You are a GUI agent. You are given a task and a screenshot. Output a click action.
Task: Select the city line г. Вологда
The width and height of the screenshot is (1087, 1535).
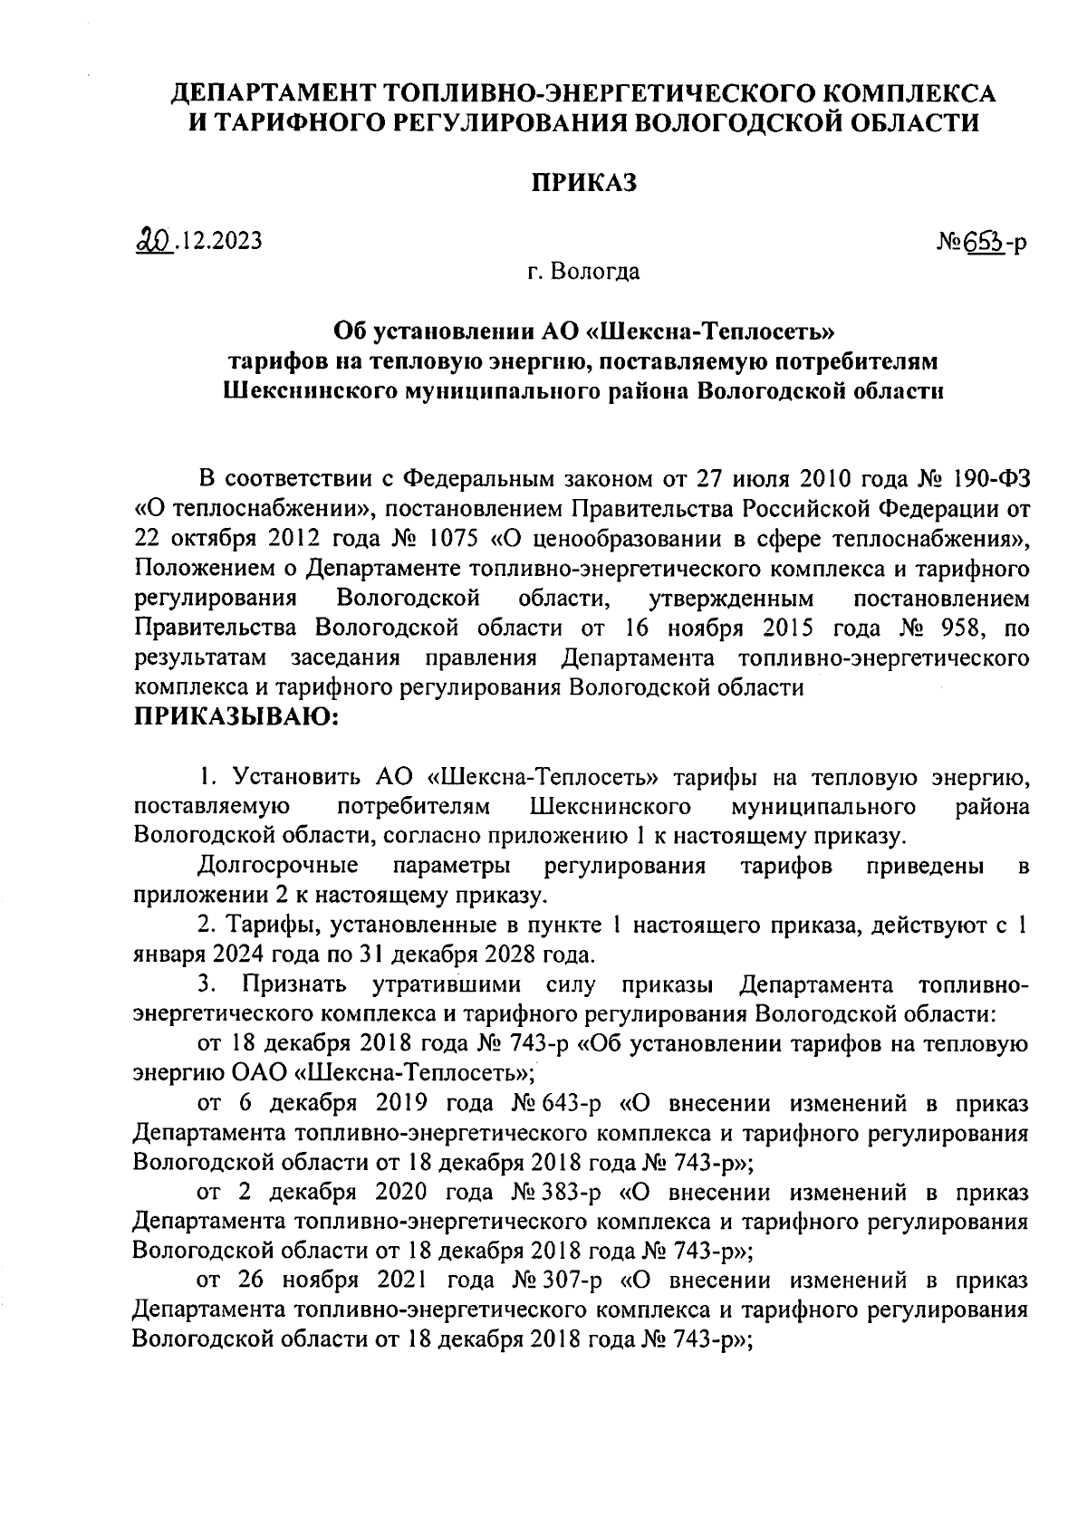click(583, 271)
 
